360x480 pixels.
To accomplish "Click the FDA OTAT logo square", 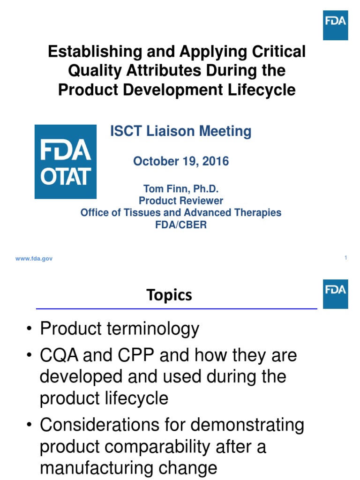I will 66,162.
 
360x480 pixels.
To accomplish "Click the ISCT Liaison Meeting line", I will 180,132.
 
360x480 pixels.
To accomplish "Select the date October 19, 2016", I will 181,161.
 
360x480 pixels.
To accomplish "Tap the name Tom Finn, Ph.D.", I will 181,189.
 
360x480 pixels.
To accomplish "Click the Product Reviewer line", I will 181,201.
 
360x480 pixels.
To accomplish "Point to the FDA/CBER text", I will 181,224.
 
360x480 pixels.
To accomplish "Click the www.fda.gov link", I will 33,259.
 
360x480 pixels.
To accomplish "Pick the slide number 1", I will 345,257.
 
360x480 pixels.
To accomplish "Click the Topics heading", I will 169,295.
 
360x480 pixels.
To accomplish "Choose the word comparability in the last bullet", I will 164,447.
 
